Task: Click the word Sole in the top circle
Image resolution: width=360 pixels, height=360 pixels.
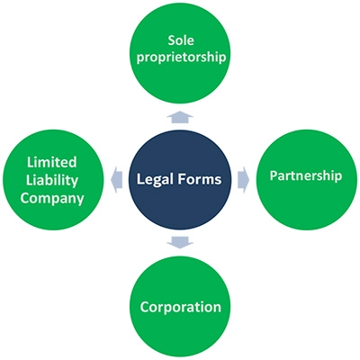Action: click(x=181, y=40)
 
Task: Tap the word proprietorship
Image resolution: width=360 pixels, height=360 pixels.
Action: click(x=181, y=58)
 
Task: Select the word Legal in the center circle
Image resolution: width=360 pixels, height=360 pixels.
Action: click(x=154, y=179)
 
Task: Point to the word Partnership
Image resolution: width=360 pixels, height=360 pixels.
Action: click(x=306, y=175)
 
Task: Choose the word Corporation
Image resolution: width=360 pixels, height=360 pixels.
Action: click(x=181, y=307)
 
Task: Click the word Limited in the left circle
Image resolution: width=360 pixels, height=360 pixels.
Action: click(x=52, y=162)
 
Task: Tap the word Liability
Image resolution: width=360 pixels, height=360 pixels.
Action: click(x=52, y=180)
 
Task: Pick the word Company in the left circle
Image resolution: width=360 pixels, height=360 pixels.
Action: click(x=52, y=198)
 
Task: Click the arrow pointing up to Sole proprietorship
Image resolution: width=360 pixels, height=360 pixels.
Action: click(x=180, y=116)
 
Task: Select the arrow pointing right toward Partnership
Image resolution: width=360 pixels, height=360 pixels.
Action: click(x=243, y=180)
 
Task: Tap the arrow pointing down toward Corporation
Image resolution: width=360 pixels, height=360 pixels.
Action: click(x=180, y=242)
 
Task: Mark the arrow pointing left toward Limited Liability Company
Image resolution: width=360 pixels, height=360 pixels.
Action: click(x=116, y=180)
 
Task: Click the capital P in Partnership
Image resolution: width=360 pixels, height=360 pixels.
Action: click(x=273, y=175)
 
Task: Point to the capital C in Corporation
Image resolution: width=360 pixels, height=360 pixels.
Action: click(x=144, y=307)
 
